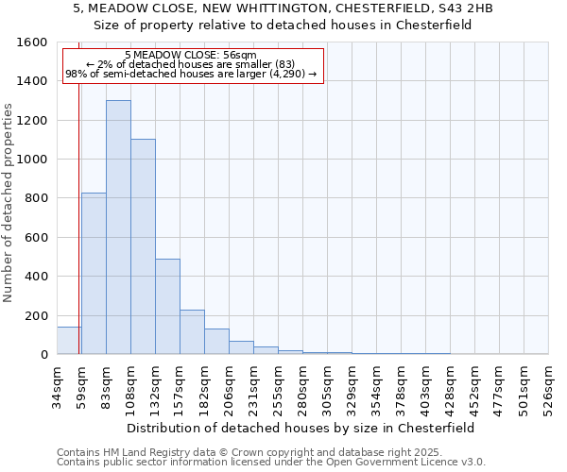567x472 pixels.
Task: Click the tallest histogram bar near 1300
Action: (x=118, y=227)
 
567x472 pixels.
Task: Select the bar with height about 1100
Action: (x=143, y=246)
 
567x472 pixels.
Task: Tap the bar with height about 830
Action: (x=94, y=273)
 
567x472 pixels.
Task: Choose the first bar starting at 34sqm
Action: (x=69, y=340)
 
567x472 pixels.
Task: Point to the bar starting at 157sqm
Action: (x=192, y=331)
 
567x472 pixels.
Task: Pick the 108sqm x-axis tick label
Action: (x=131, y=389)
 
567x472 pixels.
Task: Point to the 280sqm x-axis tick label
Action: (x=303, y=389)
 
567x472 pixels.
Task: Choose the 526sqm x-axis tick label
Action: (x=549, y=389)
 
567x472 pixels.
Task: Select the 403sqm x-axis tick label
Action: (x=426, y=389)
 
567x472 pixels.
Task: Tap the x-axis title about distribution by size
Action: (x=300, y=428)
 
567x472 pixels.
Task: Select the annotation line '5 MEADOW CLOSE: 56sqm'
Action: (x=190, y=55)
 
